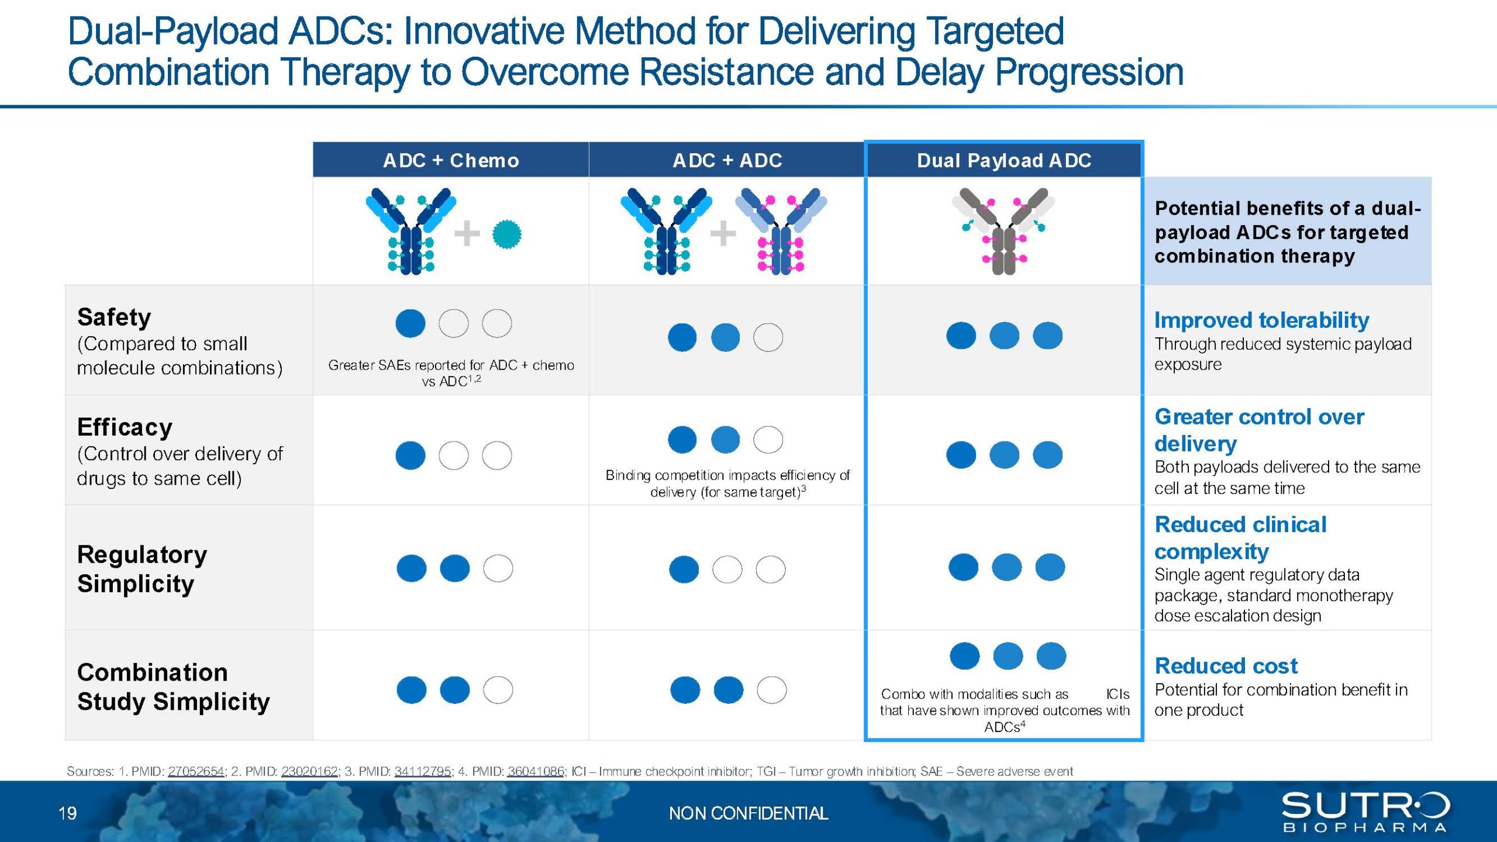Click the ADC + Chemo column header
(x=451, y=160)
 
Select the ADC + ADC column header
(x=727, y=160)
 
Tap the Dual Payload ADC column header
(x=1004, y=160)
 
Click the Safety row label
(x=114, y=318)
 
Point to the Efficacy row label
(x=125, y=427)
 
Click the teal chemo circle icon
(x=506, y=234)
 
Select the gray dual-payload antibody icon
(x=1003, y=231)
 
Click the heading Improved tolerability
(x=1261, y=320)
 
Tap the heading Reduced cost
(x=1226, y=665)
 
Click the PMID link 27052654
(x=196, y=771)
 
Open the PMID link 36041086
(x=536, y=771)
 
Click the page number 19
(x=67, y=813)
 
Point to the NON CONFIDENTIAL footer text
(x=748, y=813)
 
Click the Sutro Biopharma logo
(x=1365, y=812)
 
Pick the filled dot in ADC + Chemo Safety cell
(x=411, y=323)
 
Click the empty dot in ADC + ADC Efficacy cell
(x=768, y=440)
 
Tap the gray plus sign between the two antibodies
(x=723, y=233)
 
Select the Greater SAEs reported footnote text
(x=451, y=373)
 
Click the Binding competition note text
(x=727, y=484)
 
